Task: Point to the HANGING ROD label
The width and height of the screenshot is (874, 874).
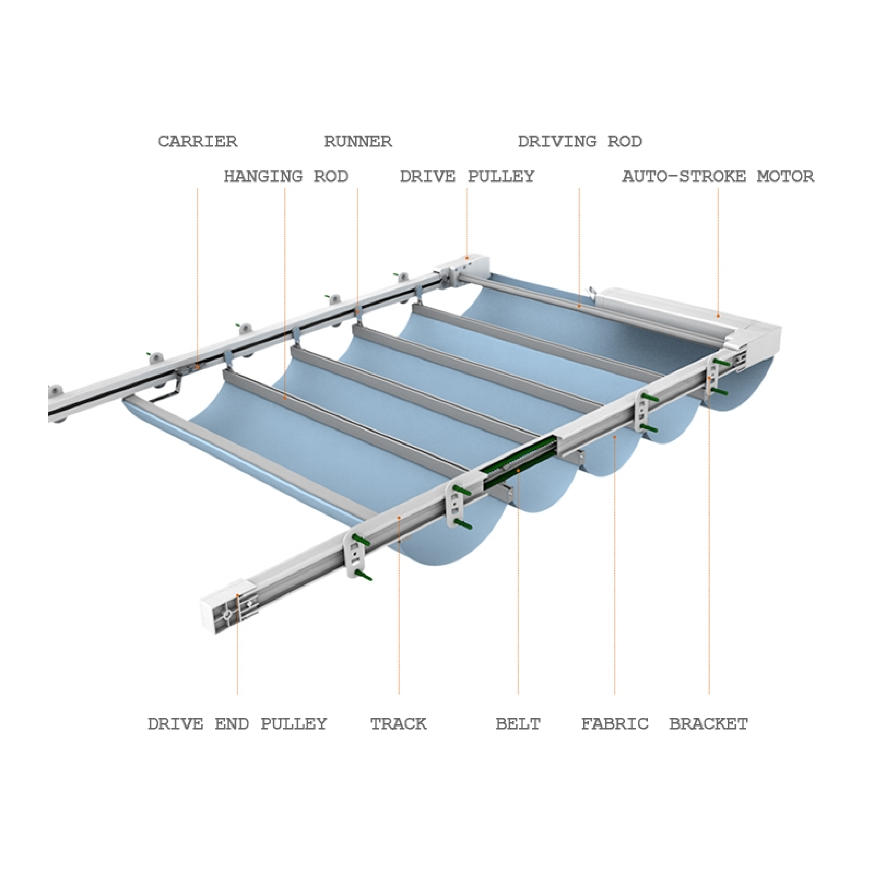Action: click(x=286, y=176)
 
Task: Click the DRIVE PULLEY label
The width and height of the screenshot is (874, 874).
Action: click(x=467, y=176)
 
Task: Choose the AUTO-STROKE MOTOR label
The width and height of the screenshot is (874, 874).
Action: click(x=718, y=176)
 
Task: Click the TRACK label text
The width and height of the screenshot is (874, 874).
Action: click(x=398, y=723)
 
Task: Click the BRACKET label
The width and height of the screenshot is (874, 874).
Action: click(x=708, y=723)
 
